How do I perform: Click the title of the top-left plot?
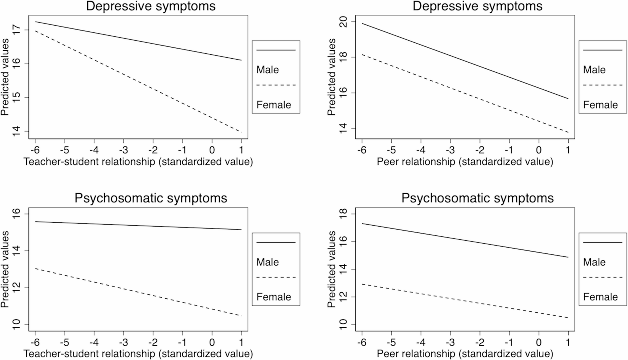[151, 6]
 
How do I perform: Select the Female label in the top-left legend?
[274, 105]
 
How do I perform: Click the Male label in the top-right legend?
[594, 70]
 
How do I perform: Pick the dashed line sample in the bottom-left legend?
[276, 277]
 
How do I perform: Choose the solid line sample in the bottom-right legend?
[603, 242]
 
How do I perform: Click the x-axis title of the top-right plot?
[465, 162]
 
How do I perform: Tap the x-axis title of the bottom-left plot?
[138, 354]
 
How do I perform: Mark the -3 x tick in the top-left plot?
[123, 150]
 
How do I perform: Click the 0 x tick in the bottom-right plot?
[539, 342]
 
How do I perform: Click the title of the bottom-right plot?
[477, 198]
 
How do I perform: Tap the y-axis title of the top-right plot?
[332, 77]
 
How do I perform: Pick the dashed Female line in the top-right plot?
[465, 93]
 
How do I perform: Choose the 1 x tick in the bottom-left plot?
[241, 342]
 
